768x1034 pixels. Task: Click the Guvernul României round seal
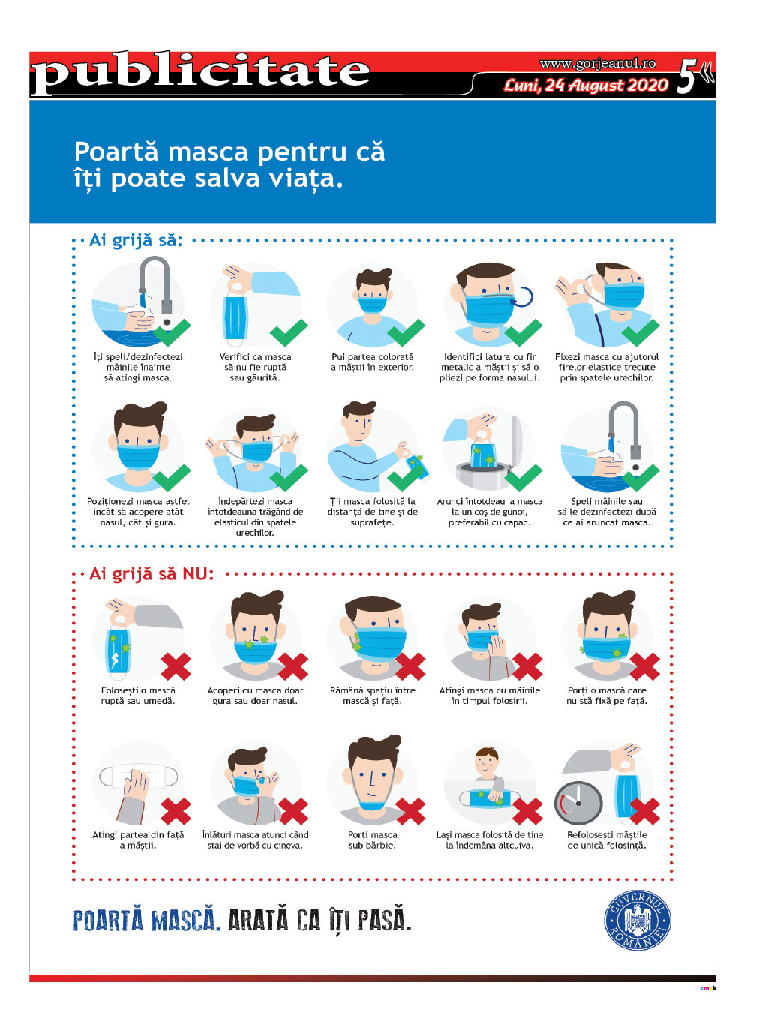pos(637,920)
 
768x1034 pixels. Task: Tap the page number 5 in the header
pos(686,76)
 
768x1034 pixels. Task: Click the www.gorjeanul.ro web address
pos(598,63)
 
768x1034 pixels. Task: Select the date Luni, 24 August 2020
pos(586,86)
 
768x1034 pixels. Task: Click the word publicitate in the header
pos(200,74)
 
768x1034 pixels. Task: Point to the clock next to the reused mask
pos(577,802)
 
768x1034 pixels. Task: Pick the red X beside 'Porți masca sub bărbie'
pos(409,811)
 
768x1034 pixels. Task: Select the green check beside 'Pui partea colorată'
pos(406,333)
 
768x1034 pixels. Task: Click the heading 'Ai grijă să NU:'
pos(151,573)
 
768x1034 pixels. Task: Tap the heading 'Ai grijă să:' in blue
pos(136,240)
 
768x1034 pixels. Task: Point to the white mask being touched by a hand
pos(139,777)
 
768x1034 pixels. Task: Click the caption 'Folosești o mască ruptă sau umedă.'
pos(138,695)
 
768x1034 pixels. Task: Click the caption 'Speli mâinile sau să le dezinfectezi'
pos(606,506)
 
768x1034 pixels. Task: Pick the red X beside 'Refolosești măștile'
pos(644,811)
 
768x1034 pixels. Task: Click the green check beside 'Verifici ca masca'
pos(289,333)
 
